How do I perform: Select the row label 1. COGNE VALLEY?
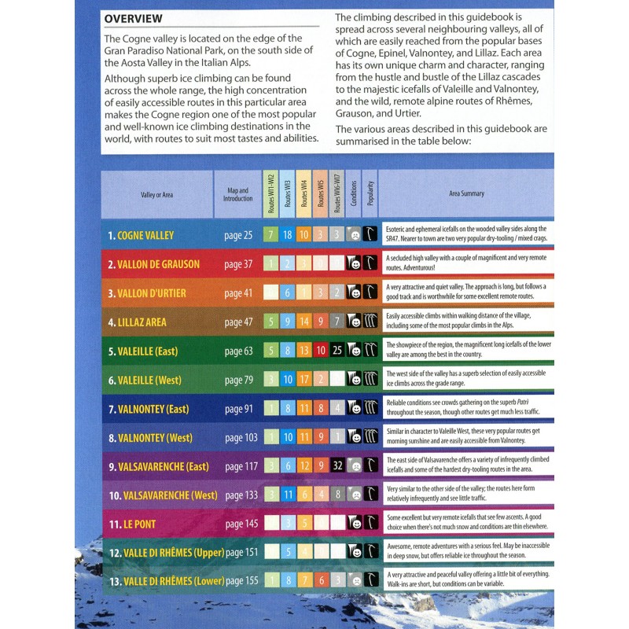point(141,235)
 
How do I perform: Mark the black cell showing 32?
point(336,467)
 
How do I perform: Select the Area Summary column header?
point(466,193)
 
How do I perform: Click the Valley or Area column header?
point(156,194)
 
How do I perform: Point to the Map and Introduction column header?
point(237,194)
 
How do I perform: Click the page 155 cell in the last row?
point(241,583)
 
